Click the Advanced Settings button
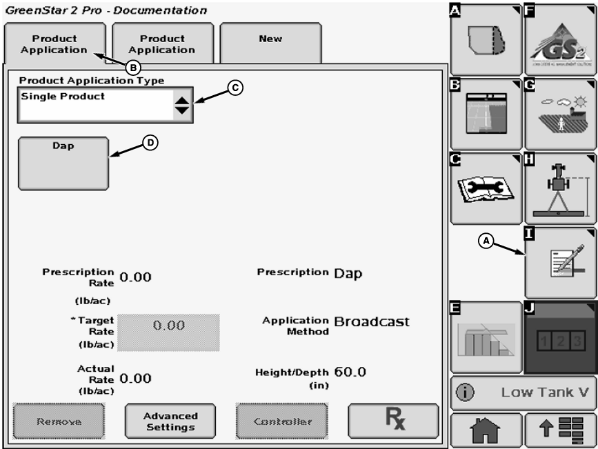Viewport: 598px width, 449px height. pyautogui.click(x=170, y=421)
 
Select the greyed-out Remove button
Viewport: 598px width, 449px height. pyautogui.click(x=59, y=421)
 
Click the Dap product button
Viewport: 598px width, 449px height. pyautogui.click(x=63, y=163)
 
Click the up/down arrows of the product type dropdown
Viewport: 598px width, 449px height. pyautogui.click(x=182, y=106)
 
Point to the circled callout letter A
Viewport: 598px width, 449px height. pyautogui.click(x=486, y=240)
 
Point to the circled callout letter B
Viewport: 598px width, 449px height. pyautogui.click(x=133, y=67)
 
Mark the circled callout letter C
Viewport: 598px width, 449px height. pyautogui.click(x=235, y=88)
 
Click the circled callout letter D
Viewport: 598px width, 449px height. pyautogui.click(x=150, y=142)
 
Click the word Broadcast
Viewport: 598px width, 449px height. pyautogui.click(x=372, y=321)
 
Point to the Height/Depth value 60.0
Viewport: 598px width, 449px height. pyautogui.click(x=350, y=372)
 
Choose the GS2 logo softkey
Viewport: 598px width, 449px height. pyautogui.click(x=560, y=40)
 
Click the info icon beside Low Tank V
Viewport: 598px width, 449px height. pyautogui.click(x=466, y=392)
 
